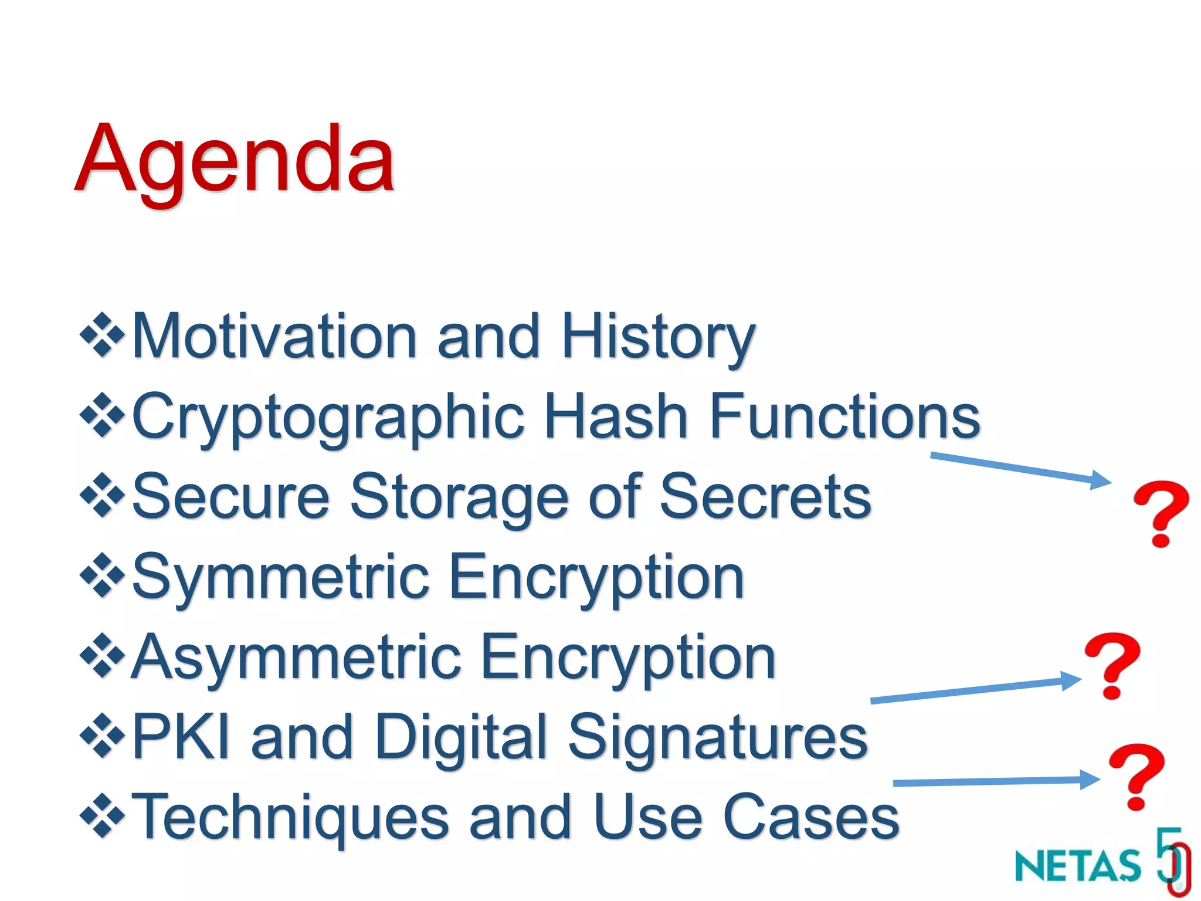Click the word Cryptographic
click(x=328, y=416)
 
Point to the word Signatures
click(x=718, y=738)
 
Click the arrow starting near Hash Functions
click(x=1020, y=468)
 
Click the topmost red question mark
click(x=1161, y=513)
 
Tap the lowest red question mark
click(x=1136, y=777)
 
